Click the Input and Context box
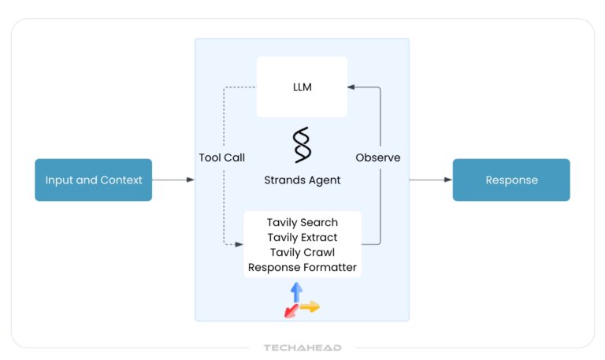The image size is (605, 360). coord(93,180)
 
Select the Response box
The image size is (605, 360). coord(510,180)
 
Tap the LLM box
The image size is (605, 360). coord(302,87)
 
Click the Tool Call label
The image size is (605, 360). coord(221,158)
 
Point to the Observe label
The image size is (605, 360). coord(378,158)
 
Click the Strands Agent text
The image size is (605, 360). coord(302,180)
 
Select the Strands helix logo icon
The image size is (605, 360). coord(302,145)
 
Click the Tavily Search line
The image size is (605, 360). coord(302,223)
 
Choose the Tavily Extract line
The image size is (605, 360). coord(302,237)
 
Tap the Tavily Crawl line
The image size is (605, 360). coord(302,252)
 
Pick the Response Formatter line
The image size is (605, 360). coord(302,267)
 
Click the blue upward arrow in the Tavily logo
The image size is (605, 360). coord(296,291)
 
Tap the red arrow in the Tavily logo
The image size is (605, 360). coord(290,311)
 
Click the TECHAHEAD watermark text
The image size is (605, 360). coord(302,347)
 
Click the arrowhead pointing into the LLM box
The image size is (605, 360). coord(352,87)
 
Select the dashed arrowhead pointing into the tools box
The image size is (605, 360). coord(239,244)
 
